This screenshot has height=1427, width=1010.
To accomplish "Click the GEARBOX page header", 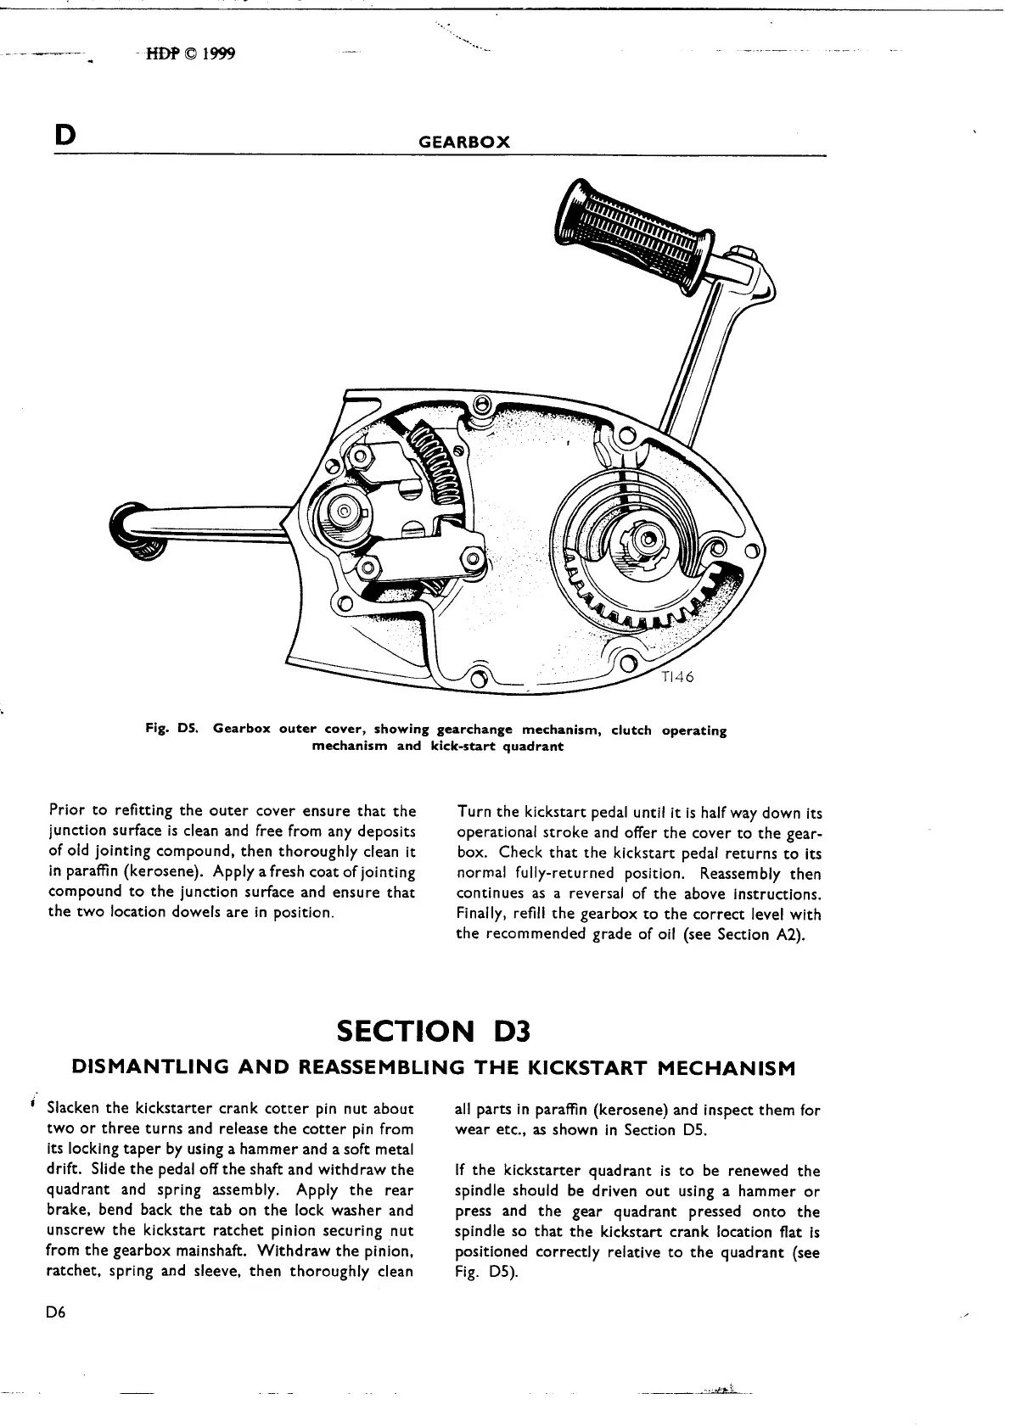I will (464, 143).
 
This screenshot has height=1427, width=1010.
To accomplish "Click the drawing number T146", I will (676, 677).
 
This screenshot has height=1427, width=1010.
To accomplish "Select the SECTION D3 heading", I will (433, 1032).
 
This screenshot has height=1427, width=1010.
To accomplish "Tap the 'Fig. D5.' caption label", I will (172, 730).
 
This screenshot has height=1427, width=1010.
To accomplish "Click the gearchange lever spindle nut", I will (345, 512).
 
